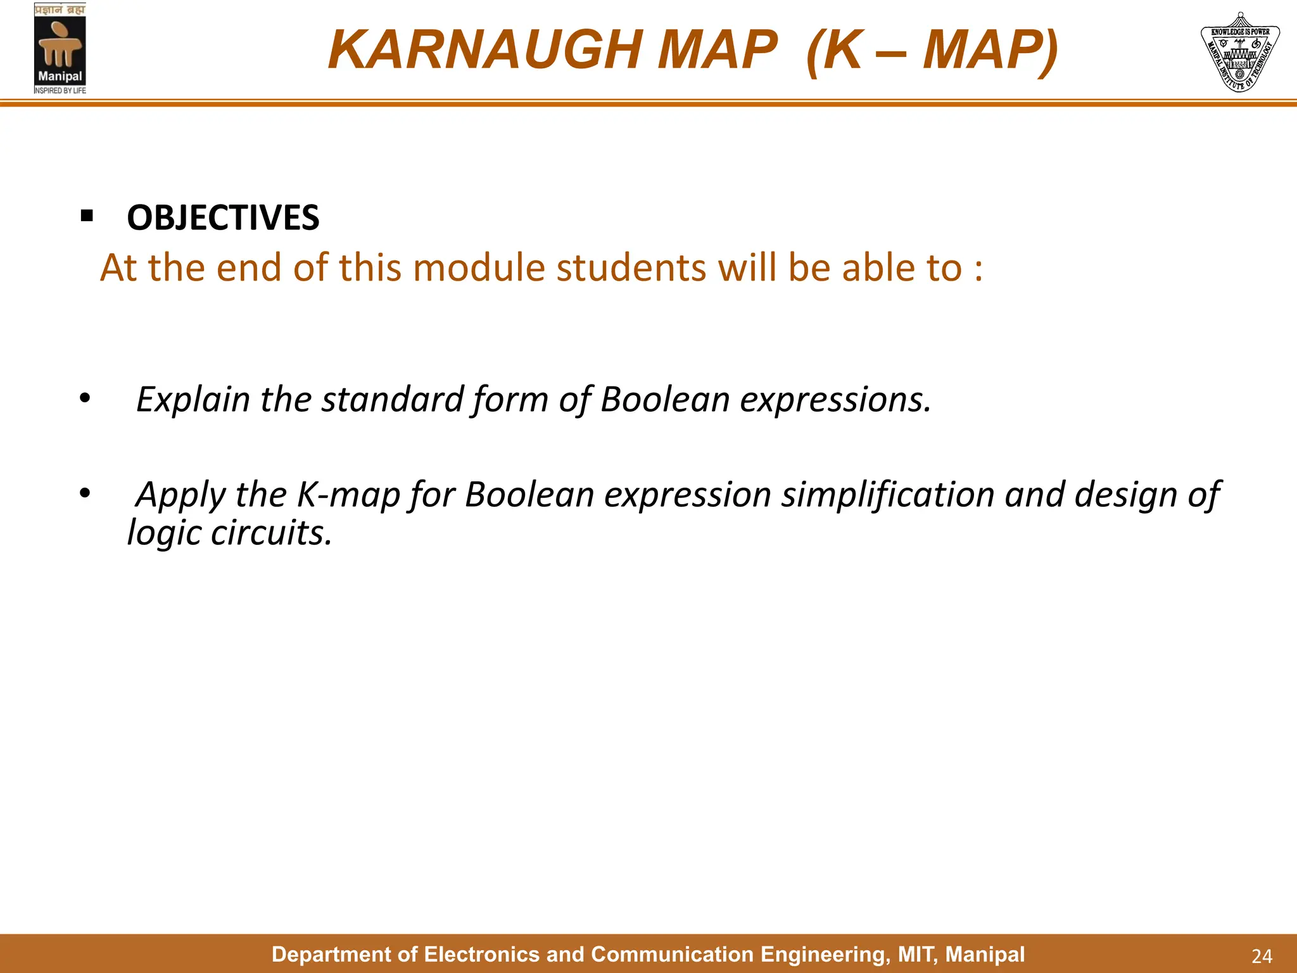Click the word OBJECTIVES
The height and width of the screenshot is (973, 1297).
pyautogui.click(x=223, y=218)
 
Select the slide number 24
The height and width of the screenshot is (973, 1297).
pyautogui.click(x=1262, y=956)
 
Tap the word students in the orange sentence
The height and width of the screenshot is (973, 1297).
pyautogui.click(x=631, y=268)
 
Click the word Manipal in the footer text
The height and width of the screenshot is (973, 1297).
pyautogui.click(x=985, y=954)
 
